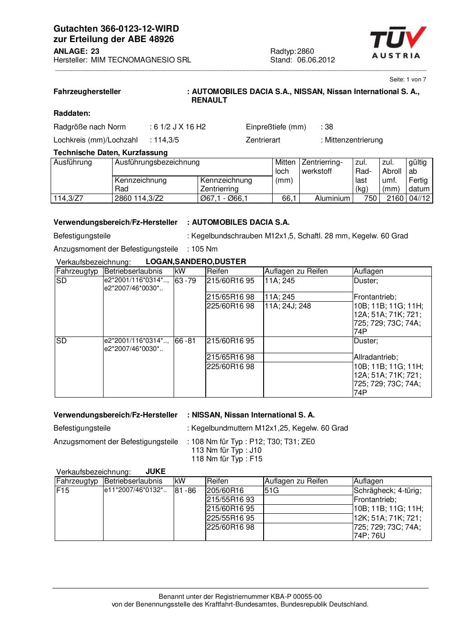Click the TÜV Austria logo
click(x=398, y=43)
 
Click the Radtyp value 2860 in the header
click(x=306, y=51)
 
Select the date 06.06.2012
click(x=316, y=60)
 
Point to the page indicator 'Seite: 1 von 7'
click(x=407, y=79)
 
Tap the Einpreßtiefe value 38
click(x=329, y=127)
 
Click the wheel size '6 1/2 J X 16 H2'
click(x=180, y=127)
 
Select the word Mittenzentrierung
click(x=354, y=140)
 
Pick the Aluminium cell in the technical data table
click(x=332, y=198)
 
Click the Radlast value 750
click(x=370, y=198)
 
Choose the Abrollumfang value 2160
click(x=395, y=198)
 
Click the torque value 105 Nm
click(x=204, y=249)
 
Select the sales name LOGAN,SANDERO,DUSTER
click(x=196, y=261)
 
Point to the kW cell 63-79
click(x=185, y=280)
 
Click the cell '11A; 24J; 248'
click(x=288, y=306)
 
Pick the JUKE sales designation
click(x=156, y=471)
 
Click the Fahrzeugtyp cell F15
click(x=63, y=490)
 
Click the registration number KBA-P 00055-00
click(x=291, y=597)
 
